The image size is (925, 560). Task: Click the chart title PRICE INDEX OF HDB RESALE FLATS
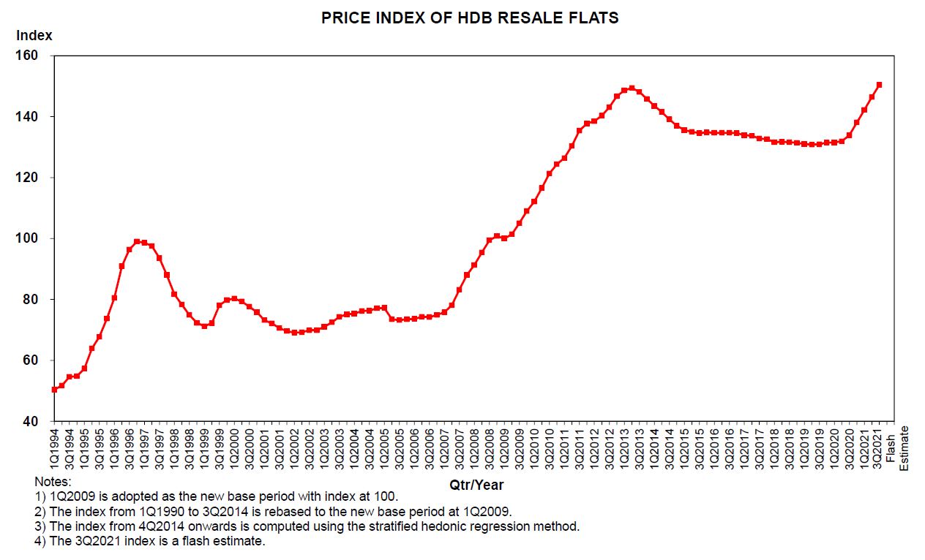[470, 18]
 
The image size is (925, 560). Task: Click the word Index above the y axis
[34, 35]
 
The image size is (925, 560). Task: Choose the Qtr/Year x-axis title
[476, 485]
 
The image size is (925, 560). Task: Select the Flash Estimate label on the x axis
[897, 447]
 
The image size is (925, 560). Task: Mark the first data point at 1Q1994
[54, 390]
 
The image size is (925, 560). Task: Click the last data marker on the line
[879, 85]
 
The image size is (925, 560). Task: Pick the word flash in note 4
[172, 542]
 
